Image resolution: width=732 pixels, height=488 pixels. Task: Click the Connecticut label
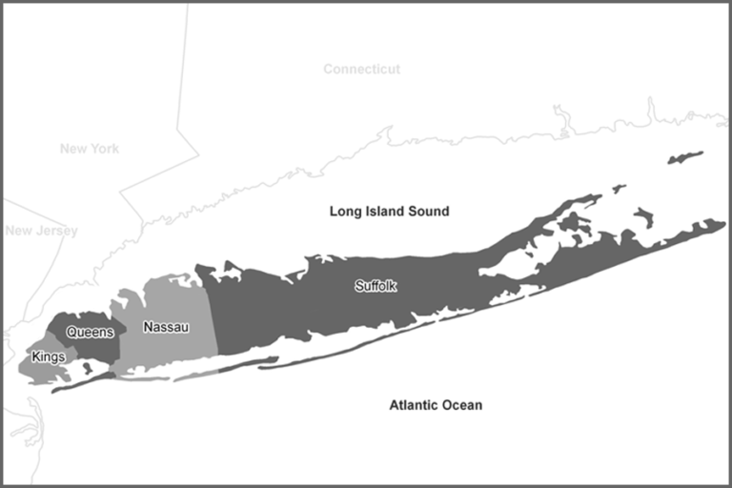(361, 70)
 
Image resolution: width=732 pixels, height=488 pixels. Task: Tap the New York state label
(89, 149)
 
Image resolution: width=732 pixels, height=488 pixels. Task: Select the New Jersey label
(41, 231)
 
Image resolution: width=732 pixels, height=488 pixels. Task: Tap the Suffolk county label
(375, 285)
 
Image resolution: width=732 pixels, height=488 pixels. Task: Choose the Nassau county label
(166, 327)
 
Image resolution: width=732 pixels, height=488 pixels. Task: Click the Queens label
(91, 332)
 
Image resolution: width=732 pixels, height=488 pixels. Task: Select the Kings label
(48, 356)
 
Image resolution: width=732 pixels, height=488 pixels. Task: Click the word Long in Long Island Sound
(345, 211)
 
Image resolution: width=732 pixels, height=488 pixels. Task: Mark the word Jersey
(58, 231)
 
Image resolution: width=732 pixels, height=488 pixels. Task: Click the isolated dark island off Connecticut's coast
(685, 156)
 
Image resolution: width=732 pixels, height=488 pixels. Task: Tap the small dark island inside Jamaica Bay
(88, 367)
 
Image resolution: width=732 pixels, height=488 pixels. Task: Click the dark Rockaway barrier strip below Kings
(76, 383)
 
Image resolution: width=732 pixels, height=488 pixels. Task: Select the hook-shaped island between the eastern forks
(571, 225)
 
